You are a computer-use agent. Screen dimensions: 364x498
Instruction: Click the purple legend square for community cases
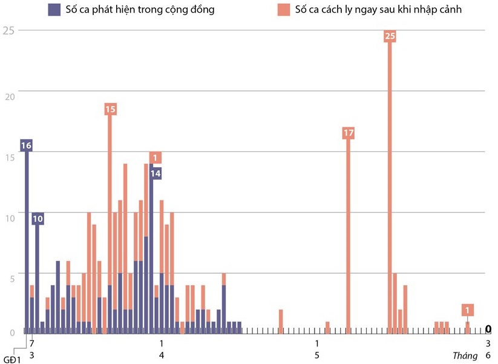pos(54,10)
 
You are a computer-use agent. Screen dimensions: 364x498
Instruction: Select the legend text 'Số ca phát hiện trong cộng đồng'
pos(140,10)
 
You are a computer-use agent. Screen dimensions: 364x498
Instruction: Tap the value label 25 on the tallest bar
pos(390,36)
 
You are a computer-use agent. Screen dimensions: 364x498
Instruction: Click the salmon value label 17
pos(348,133)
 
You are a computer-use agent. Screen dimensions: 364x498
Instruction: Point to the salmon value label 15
pos(110,109)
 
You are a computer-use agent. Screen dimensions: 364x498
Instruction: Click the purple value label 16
pos(26,145)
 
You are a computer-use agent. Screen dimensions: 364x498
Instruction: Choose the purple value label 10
pos(38,218)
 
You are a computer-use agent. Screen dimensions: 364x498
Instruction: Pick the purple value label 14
pos(155,173)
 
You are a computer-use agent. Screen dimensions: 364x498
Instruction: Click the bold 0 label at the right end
pos(488,329)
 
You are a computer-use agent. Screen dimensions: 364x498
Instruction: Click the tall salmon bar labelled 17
pos(349,236)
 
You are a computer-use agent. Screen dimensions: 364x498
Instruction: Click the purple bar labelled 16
pos(27,242)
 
